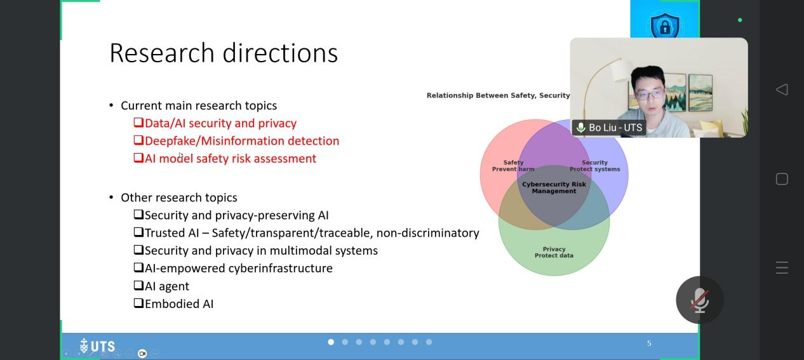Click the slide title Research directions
[224, 53]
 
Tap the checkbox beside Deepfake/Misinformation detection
[138, 140]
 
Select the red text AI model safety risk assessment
[231, 158]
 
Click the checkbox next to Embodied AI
[138, 303]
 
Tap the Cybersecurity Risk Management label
[554, 187]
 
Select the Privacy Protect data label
[554, 252]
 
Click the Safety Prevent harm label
[513, 166]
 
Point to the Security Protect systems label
[595, 166]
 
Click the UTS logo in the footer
[97, 346]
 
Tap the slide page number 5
[649, 343]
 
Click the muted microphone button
[700, 300]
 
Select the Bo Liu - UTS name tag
[609, 128]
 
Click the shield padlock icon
[665, 25]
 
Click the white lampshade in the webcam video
[620, 70]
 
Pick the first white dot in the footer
[331, 342]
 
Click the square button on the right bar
[782, 179]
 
